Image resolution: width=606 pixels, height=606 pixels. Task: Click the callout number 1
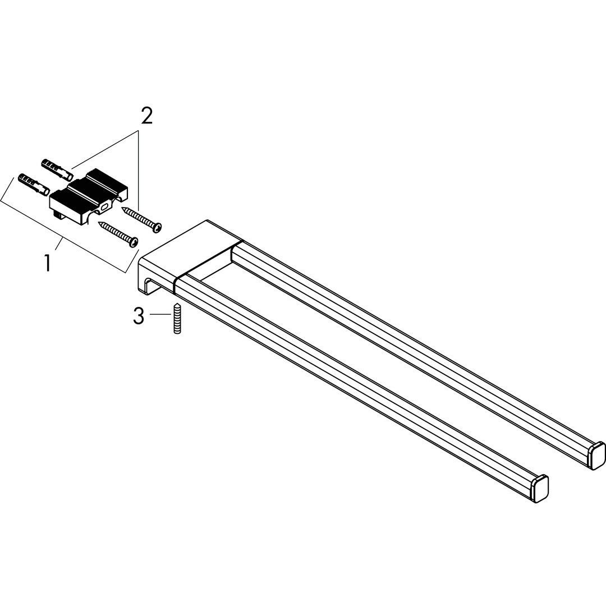pos(47,263)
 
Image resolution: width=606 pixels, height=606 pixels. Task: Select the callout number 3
pos(139,315)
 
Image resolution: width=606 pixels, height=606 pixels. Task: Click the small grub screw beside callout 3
pos(177,319)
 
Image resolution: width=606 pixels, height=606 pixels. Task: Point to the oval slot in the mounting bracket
pos(105,209)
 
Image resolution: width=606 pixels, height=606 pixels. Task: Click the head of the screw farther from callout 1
pos(157,228)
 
